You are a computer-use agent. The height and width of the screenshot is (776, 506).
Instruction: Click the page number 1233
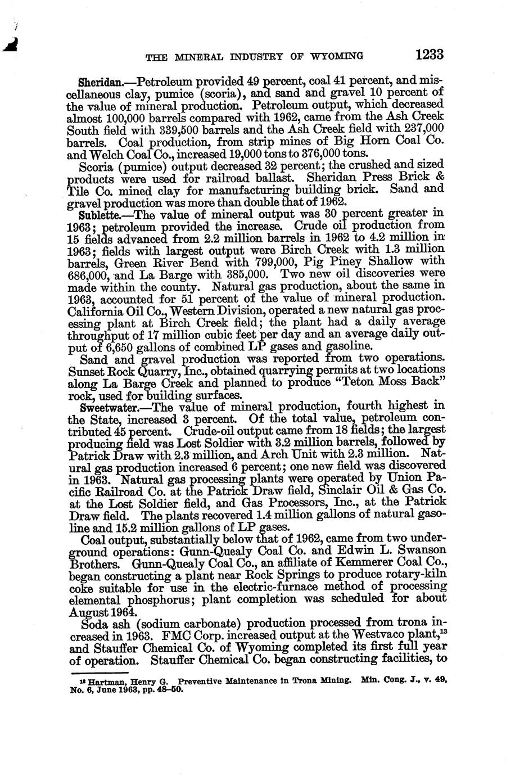tap(430, 55)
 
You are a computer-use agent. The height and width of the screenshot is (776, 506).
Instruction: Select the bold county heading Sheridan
tap(100, 80)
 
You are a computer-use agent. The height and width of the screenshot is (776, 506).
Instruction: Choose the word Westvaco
tap(379, 636)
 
